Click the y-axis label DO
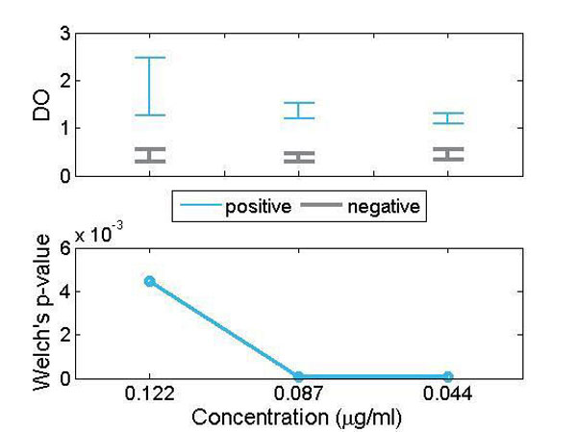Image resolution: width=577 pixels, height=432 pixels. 40,105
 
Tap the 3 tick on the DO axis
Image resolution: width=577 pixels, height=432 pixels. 64,34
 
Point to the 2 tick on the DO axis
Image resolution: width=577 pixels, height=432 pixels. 64,81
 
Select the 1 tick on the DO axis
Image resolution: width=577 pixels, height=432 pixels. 64,128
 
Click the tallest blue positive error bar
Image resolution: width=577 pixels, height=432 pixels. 149,87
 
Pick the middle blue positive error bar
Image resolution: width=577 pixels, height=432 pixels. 299,111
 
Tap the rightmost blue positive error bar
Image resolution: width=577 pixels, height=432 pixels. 448,118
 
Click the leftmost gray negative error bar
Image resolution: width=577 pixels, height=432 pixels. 149,155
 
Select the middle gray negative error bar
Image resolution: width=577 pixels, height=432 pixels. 299,157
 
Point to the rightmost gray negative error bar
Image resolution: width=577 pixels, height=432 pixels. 448,154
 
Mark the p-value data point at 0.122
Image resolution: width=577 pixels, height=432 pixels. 149,281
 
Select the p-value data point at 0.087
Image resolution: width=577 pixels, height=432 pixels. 299,376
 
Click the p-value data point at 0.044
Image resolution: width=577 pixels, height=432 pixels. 448,376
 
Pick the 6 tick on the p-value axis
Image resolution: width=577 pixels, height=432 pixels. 64,247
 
